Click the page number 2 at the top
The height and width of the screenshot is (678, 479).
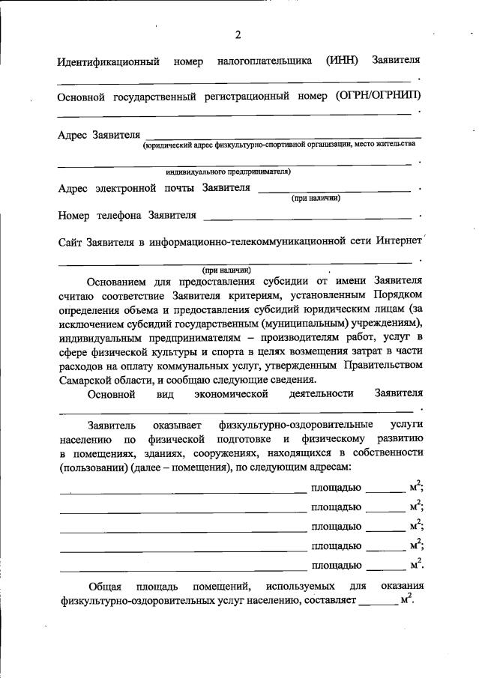point(238,34)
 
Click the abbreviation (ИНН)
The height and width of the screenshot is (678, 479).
point(343,60)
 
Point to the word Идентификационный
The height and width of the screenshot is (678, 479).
point(108,61)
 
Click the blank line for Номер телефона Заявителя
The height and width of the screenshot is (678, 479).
point(307,217)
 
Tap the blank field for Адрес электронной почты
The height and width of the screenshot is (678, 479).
point(334,190)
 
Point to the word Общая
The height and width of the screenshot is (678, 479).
point(105,586)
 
